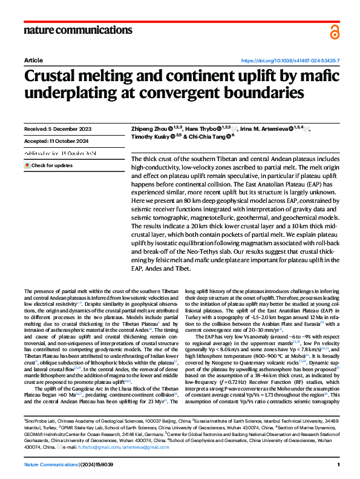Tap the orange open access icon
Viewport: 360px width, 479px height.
tap(335, 32)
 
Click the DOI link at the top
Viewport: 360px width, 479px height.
tap(290, 61)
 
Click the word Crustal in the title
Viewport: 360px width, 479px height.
tap(67, 78)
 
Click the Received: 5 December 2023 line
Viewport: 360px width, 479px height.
tap(58, 130)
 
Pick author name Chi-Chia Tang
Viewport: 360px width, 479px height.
tap(209, 137)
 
